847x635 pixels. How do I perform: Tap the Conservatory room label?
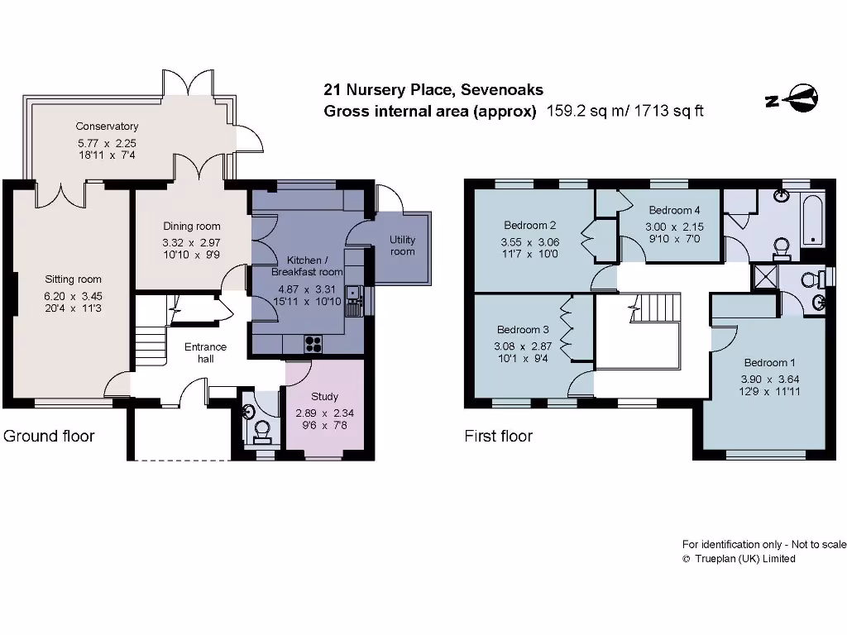pyautogui.click(x=107, y=127)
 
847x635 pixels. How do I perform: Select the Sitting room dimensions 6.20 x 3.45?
pyautogui.click(x=73, y=295)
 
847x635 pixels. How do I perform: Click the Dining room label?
pyautogui.click(x=191, y=226)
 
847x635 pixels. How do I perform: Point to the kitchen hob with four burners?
pyautogui.click(x=314, y=343)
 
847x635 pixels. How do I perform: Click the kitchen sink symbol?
pyautogui.click(x=353, y=292)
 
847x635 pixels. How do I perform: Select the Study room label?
pyautogui.click(x=324, y=397)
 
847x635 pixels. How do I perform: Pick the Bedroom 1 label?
pyautogui.click(x=769, y=363)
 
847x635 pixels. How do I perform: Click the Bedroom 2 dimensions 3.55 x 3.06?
pyautogui.click(x=529, y=242)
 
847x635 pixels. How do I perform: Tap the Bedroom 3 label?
pyautogui.click(x=522, y=330)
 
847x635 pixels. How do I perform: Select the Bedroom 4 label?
pyautogui.click(x=674, y=210)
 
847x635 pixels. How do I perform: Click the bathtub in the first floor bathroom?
pyautogui.click(x=812, y=218)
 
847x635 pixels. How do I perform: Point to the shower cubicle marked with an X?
pyautogui.click(x=762, y=278)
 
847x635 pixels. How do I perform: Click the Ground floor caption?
pyautogui.click(x=49, y=436)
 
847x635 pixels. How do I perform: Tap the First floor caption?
pyautogui.click(x=498, y=436)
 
